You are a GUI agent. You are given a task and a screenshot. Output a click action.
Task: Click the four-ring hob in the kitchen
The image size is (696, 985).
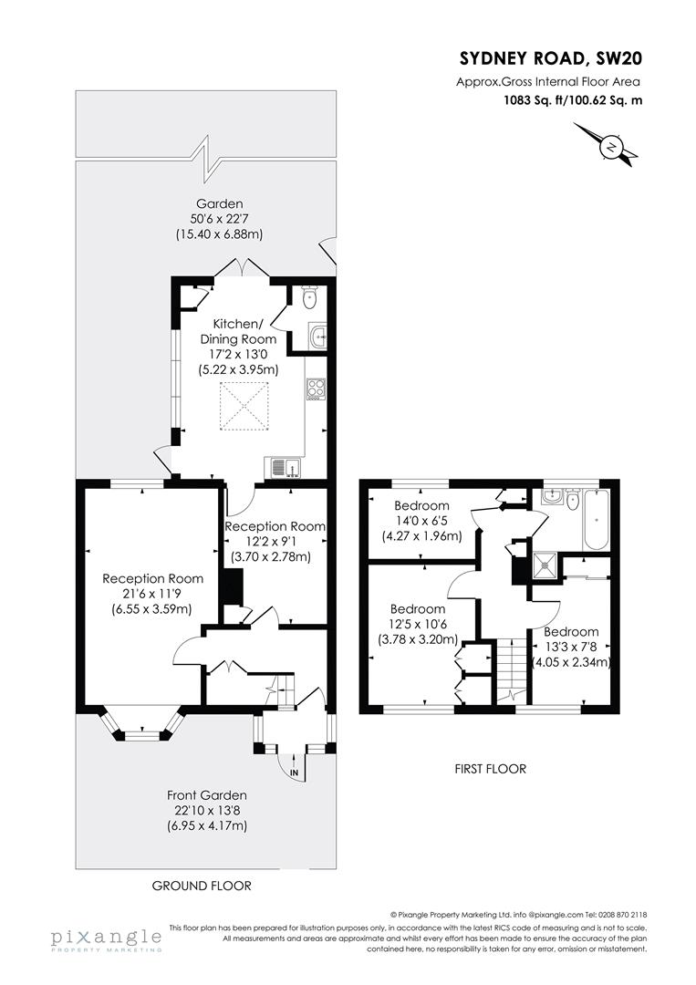point(316,389)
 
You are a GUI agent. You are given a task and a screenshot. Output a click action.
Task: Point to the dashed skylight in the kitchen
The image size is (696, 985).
point(244,403)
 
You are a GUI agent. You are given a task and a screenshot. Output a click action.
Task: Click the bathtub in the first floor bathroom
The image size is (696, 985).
point(597,520)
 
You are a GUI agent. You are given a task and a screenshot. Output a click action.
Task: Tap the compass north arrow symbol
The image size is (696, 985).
point(610,146)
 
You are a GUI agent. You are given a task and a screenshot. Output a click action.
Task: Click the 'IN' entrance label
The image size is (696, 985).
point(294,772)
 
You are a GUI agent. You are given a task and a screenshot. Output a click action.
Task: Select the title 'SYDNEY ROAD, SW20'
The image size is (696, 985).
point(551,59)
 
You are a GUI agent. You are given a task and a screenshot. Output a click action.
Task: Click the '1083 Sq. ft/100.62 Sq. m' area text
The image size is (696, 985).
point(573,101)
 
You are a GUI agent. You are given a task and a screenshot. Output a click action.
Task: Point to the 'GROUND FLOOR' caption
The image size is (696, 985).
point(202,886)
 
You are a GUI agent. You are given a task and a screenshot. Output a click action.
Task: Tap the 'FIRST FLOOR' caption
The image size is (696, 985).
point(490,769)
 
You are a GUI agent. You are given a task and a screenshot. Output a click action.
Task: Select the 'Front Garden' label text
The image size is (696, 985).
point(206,795)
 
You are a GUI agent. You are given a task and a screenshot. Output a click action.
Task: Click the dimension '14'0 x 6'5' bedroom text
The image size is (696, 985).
point(421,521)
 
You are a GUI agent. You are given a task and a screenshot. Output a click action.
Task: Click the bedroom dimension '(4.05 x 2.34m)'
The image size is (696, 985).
point(571,662)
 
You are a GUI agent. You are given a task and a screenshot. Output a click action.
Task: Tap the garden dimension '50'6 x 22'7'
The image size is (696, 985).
point(219,219)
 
